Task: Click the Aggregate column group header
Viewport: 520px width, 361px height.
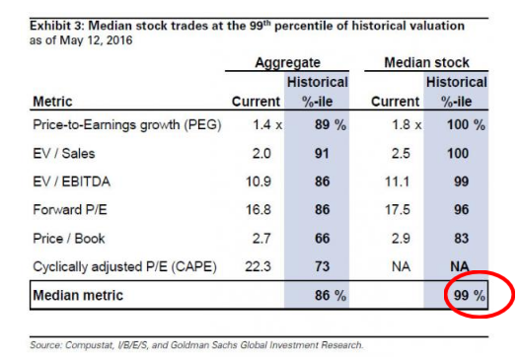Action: [x=287, y=63]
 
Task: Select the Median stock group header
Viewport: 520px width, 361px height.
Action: [x=426, y=62]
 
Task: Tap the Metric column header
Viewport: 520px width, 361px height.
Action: [x=52, y=102]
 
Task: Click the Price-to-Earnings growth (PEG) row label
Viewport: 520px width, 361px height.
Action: [x=127, y=125]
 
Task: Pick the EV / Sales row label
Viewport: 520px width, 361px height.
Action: [x=64, y=154]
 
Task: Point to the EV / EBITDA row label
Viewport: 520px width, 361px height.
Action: [x=72, y=181]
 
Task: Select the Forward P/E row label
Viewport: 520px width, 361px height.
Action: [x=70, y=210]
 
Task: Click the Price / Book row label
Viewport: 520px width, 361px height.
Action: [x=69, y=239]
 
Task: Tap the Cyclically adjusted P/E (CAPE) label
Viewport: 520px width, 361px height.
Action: [x=125, y=267]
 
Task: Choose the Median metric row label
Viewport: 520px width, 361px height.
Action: [x=78, y=295]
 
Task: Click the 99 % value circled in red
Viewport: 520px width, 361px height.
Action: [x=469, y=295]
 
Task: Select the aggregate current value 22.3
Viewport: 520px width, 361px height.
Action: [x=258, y=266]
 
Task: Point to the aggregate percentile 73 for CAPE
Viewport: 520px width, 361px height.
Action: [x=322, y=266]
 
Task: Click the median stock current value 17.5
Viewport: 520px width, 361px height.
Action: [x=398, y=210]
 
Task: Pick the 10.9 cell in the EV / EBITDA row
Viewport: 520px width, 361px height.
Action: [x=258, y=181]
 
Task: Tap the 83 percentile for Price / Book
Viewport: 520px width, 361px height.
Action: [x=462, y=239]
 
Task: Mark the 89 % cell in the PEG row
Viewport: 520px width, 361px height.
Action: [x=331, y=125]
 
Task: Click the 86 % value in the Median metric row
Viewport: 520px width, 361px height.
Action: [x=331, y=295]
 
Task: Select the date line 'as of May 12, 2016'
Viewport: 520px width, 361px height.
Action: [x=81, y=40]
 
